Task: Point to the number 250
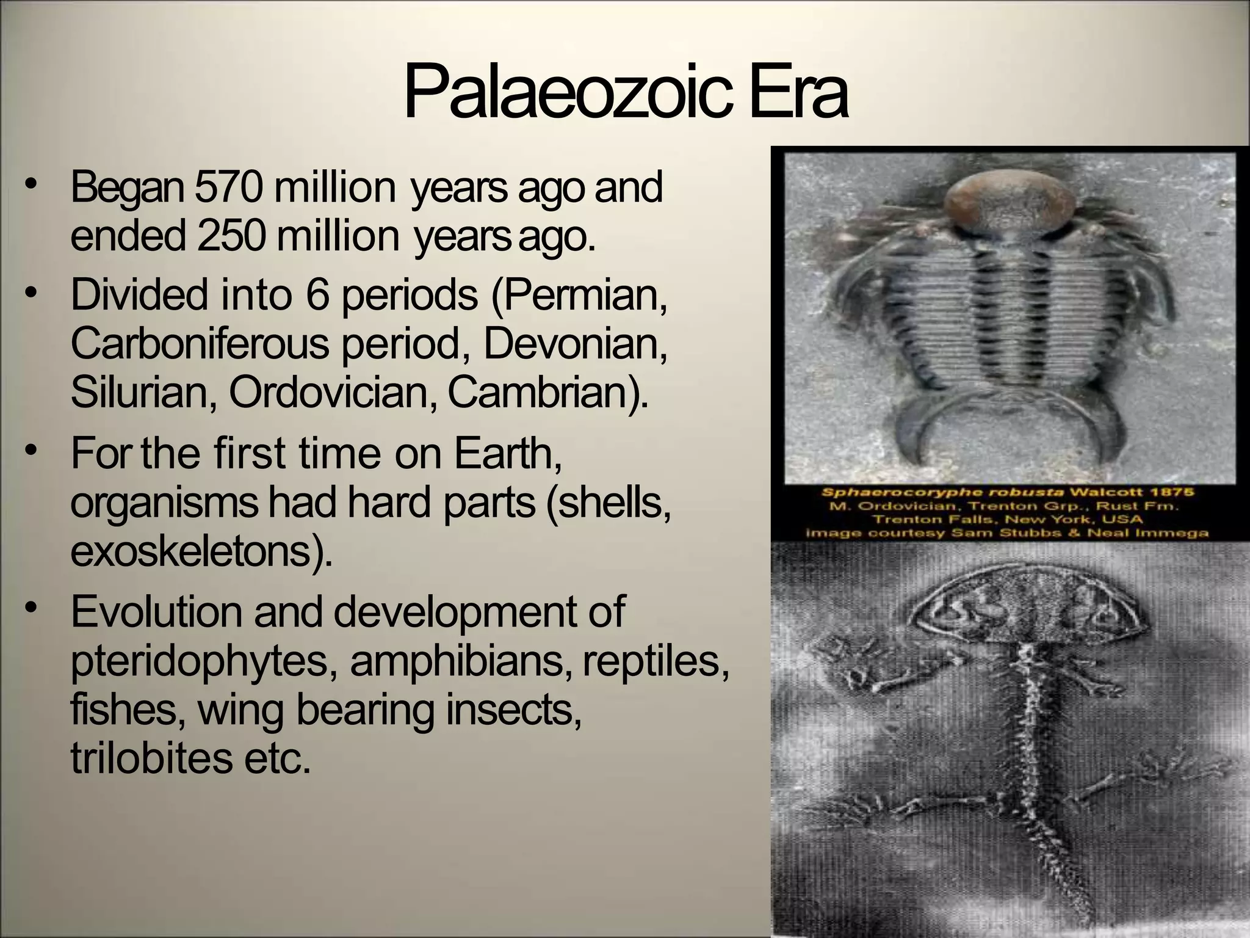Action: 231,237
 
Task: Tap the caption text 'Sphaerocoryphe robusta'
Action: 915,492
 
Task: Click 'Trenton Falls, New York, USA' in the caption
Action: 1007,520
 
